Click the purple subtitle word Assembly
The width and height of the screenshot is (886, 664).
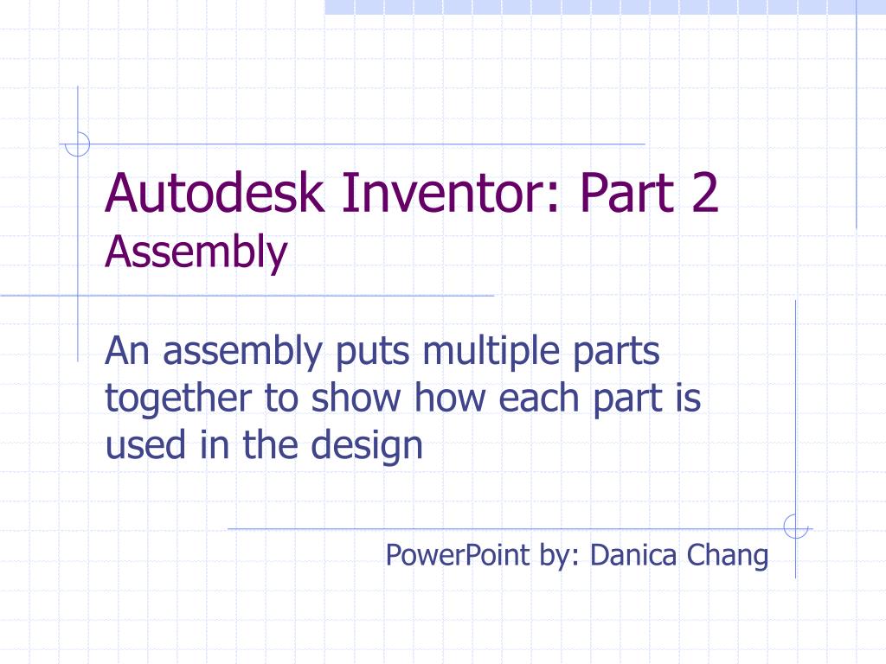coord(196,252)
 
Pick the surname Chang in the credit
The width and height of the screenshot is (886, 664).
coord(728,554)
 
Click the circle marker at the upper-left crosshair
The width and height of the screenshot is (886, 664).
coord(78,144)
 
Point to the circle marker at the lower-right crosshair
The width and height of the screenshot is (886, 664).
coord(794,526)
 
